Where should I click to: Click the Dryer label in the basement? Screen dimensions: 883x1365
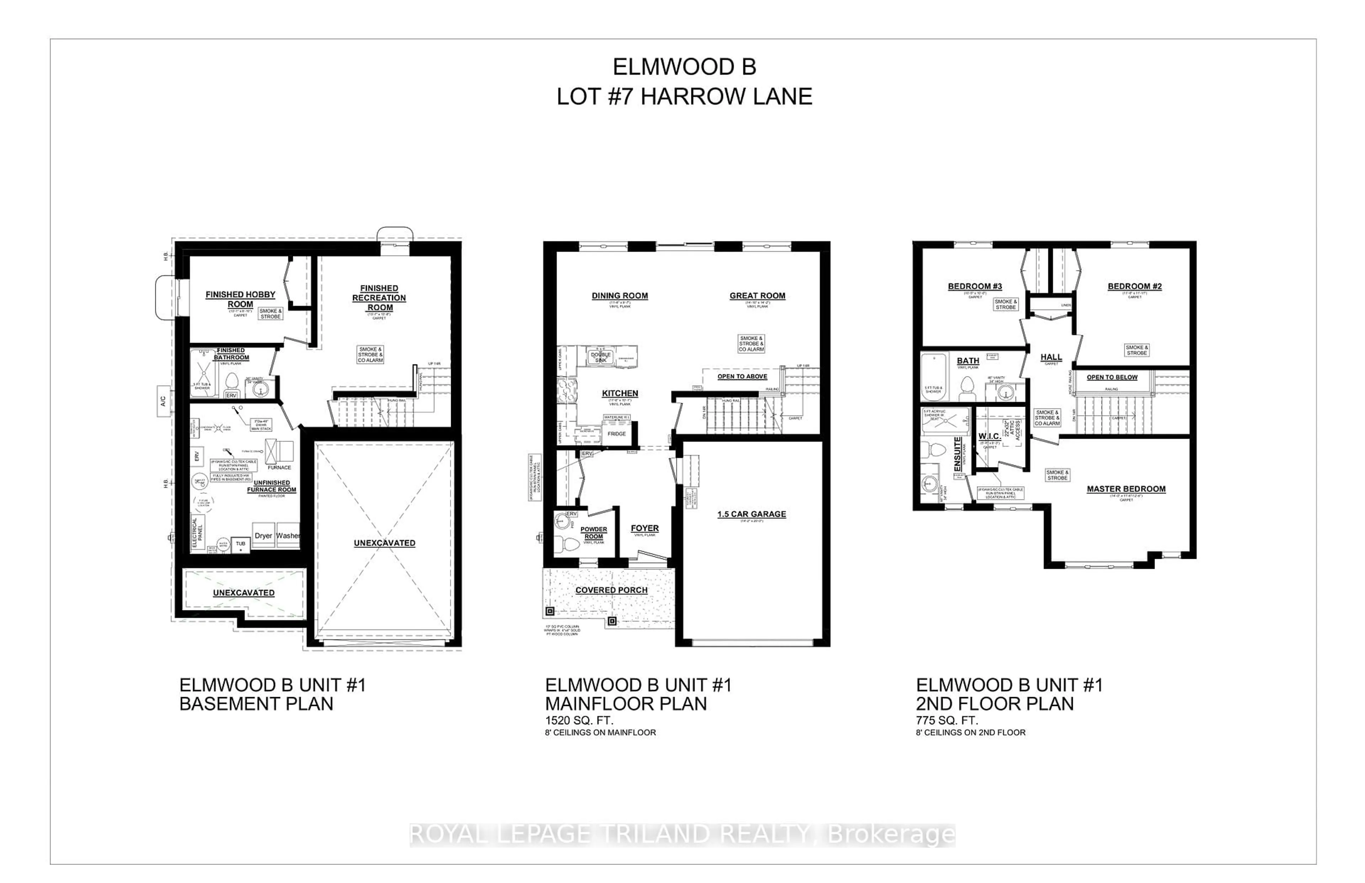pos(263,536)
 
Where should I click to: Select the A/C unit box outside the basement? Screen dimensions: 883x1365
pos(164,400)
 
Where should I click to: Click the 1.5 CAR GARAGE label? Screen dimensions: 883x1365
pos(751,514)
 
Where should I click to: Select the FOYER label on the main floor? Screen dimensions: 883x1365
pos(644,528)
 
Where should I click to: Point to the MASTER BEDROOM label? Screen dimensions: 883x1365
pos(1126,489)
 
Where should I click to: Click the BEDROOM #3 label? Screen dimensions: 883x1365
pos(975,286)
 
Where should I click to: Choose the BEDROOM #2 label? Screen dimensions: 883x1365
pos(1135,286)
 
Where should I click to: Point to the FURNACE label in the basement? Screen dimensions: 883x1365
pos(279,467)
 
